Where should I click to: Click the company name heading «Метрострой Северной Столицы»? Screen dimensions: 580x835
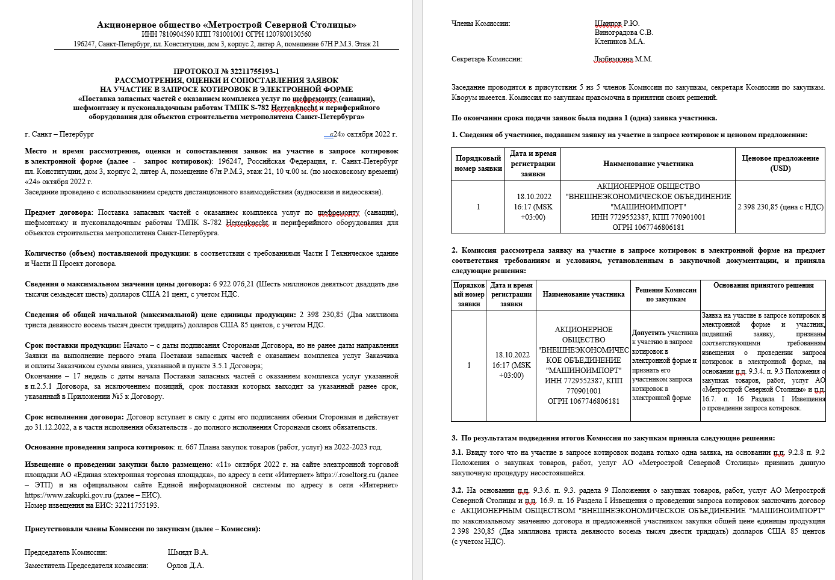click(226, 25)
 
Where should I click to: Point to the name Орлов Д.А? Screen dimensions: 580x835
click(185, 566)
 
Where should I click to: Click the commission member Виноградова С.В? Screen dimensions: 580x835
click(624, 32)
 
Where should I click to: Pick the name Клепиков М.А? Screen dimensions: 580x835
click(619, 42)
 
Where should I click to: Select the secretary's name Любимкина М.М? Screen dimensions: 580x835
click(623, 59)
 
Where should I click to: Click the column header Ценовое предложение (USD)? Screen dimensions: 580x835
click(780, 163)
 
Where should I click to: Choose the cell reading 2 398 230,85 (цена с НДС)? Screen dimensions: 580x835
click(780, 207)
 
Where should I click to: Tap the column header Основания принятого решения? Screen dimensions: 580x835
click(763, 285)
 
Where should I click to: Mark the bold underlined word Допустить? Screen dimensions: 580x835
click(648, 333)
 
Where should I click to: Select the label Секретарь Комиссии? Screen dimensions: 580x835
click(487, 59)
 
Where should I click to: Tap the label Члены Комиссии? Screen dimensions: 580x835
click(480, 23)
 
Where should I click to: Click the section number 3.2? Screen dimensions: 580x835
click(457, 490)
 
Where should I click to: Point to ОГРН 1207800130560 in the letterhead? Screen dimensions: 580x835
click(281, 34)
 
